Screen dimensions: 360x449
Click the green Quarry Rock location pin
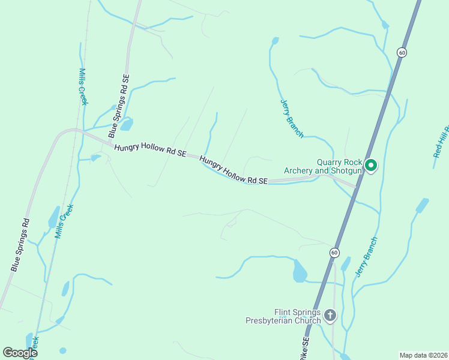(371, 164)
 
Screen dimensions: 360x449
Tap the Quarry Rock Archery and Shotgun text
(339, 166)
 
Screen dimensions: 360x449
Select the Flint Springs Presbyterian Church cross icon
(330, 314)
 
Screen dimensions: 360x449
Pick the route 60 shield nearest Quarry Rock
(402, 53)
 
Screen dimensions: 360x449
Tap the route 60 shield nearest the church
(334, 253)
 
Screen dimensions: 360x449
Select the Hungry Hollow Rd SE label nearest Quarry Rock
(233, 171)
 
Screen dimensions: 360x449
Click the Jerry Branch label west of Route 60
(292, 118)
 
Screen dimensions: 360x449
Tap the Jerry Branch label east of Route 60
(366, 257)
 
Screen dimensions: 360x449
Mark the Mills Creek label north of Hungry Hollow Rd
(83, 86)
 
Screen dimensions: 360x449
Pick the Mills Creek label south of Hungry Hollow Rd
(64, 221)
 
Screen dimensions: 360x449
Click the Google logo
(20, 353)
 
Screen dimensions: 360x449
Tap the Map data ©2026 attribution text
(423, 355)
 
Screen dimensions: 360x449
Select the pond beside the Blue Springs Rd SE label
(126, 125)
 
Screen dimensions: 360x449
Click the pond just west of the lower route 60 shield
(300, 272)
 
